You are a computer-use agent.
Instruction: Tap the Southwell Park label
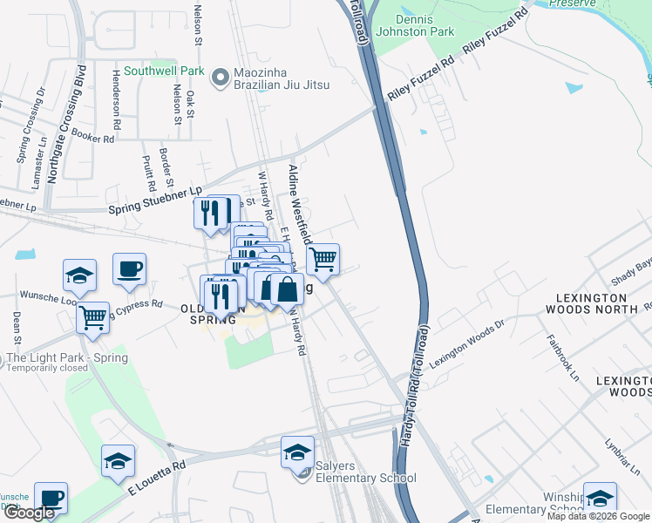click(163, 71)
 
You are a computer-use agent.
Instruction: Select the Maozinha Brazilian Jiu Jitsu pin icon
click(219, 78)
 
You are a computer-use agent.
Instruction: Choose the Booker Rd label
click(93, 138)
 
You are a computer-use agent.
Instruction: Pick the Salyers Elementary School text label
click(365, 478)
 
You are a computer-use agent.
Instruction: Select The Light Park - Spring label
click(67, 358)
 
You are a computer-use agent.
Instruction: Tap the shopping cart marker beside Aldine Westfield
click(323, 259)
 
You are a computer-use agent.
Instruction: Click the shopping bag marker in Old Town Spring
click(287, 288)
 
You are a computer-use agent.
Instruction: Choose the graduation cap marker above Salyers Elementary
click(297, 451)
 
